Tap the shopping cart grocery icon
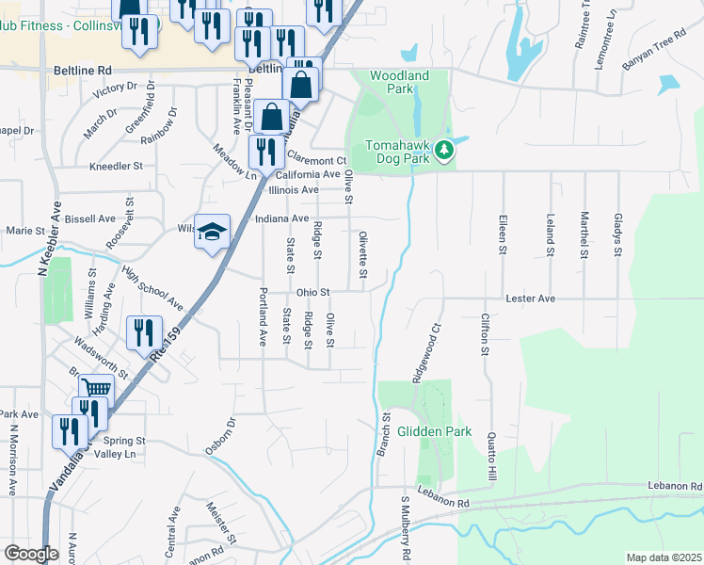[96, 389]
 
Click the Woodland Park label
[399, 83]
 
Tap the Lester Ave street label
[531, 299]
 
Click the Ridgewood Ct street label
[424, 353]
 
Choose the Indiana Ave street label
[282, 218]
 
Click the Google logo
[31, 554]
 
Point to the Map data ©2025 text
[664, 557]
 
